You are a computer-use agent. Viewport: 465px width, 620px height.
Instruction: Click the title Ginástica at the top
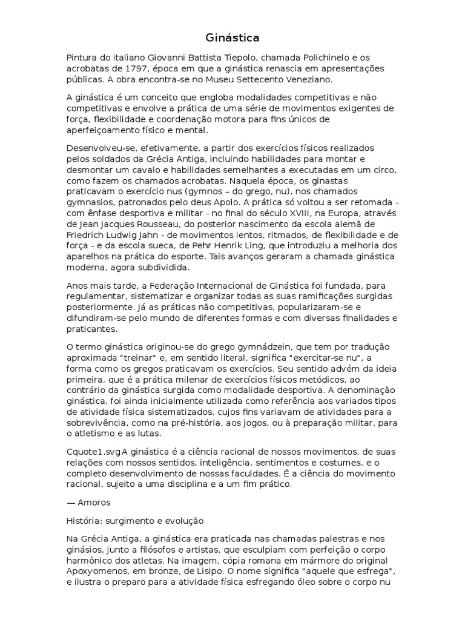coord(232,38)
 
